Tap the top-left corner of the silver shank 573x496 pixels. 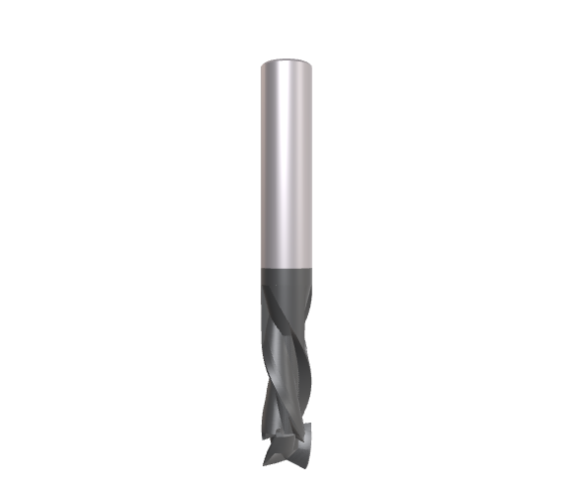coord(262,63)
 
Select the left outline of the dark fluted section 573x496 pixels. coord(264,337)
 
